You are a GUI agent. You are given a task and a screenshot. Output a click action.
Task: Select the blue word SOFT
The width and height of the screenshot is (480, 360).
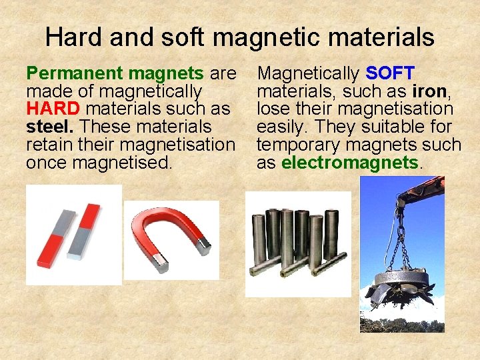[390, 73]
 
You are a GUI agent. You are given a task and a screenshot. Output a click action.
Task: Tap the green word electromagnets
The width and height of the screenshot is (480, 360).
[350, 163]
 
